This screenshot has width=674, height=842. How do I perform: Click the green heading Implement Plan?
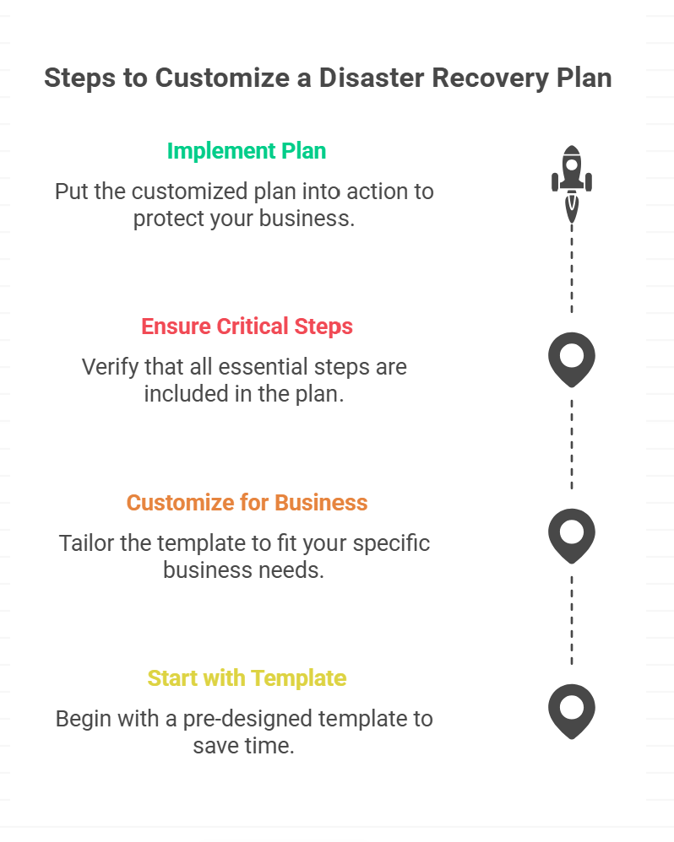(247, 151)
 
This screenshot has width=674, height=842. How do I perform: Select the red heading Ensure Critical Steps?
(247, 327)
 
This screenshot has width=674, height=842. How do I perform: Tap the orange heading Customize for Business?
(247, 503)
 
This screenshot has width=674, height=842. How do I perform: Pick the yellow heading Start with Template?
(247, 678)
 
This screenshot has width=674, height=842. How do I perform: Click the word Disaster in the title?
(372, 78)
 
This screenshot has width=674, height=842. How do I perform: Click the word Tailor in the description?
(86, 542)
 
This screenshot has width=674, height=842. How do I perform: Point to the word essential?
(264, 367)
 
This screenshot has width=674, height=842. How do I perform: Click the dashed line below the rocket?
(571, 268)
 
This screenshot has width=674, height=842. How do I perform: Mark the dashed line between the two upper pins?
(571, 445)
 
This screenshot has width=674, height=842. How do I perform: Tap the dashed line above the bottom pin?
(571, 620)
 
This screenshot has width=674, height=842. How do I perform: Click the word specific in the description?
(391, 544)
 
